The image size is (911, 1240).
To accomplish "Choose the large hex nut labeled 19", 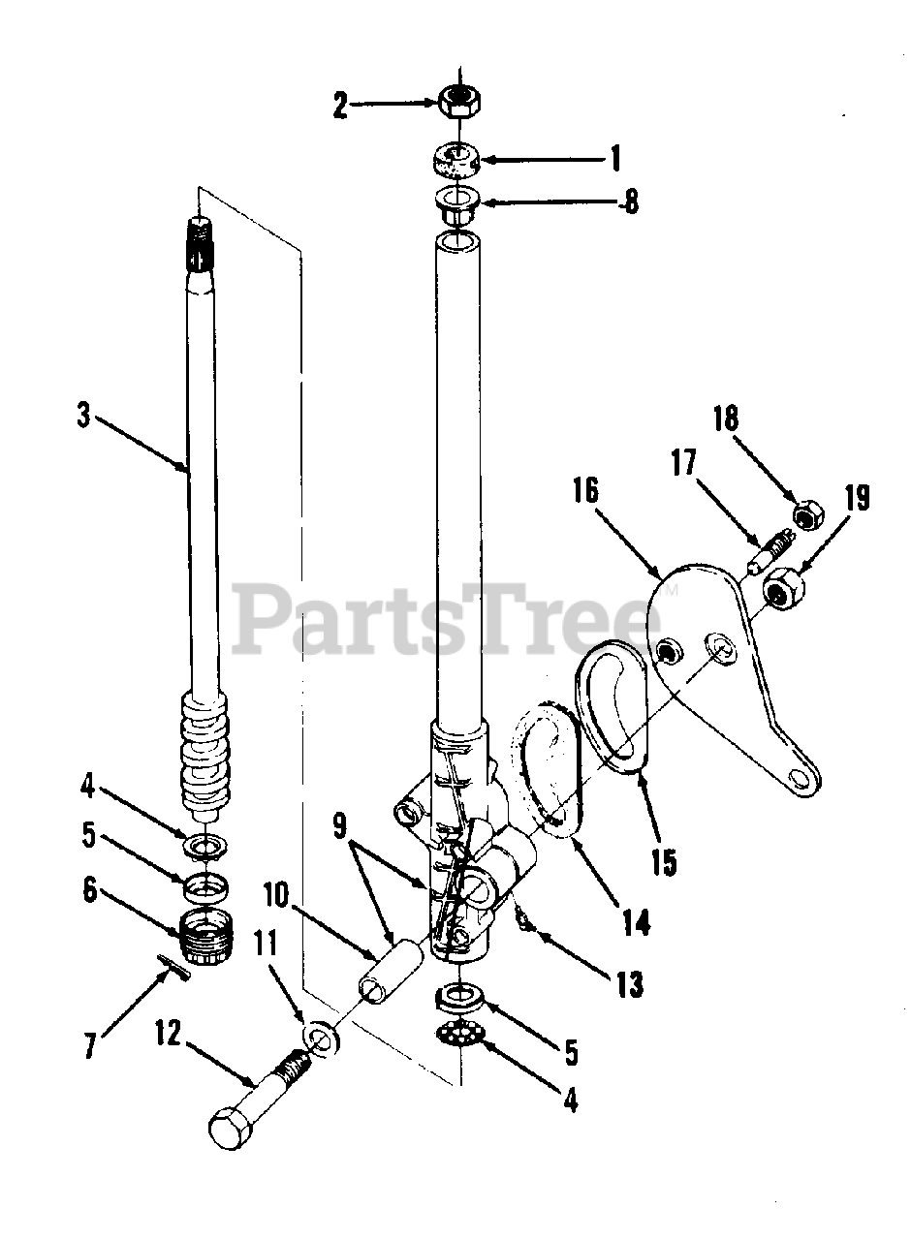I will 781,587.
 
